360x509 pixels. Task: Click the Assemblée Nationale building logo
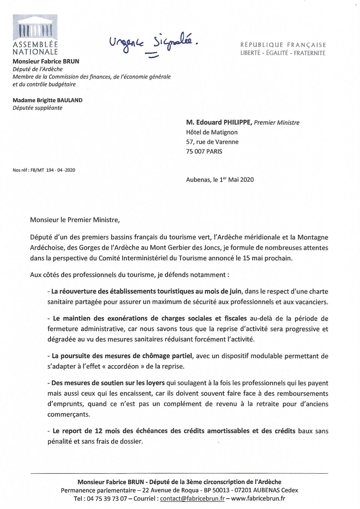(x=35, y=28)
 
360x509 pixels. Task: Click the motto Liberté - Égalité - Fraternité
(x=283, y=53)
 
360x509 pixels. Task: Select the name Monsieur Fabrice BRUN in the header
(x=46, y=62)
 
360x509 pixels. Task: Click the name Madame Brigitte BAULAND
(x=48, y=100)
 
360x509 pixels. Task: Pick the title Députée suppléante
(x=37, y=108)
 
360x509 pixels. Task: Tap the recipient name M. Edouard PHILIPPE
(x=219, y=122)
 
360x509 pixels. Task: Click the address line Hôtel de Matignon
(x=212, y=132)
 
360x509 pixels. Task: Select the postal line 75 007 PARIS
(x=204, y=151)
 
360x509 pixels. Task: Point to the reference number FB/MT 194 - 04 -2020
(x=53, y=170)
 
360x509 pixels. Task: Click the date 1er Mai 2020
(x=236, y=180)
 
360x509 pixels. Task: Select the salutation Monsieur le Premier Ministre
(x=75, y=220)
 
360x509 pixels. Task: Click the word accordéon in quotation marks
(x=123, y=367)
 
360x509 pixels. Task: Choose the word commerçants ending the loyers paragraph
(x=69, y=414)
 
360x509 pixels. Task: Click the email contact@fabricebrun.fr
(x=192, y=499)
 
